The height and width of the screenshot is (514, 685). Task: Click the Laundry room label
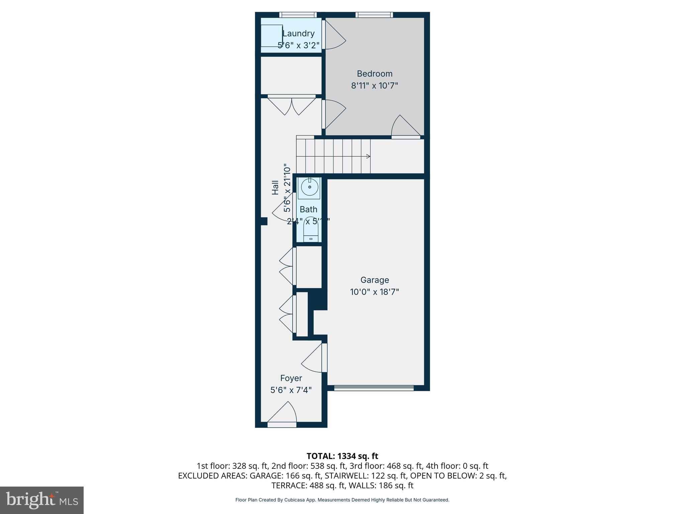298,33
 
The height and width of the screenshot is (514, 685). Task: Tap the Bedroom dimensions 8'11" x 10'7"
374,86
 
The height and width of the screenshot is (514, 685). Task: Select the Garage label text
375,280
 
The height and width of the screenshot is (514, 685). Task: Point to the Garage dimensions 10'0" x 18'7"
374,292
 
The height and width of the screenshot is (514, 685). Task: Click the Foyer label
291,378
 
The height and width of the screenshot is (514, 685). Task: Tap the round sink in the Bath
309,187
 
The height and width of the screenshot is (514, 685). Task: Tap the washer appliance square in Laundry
272,35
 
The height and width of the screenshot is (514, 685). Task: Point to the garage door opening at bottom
374,388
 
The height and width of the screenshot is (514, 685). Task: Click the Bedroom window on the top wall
374,15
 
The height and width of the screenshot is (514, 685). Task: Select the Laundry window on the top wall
298,15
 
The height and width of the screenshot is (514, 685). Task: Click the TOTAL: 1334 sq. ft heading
342,456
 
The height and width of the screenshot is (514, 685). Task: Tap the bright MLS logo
42,500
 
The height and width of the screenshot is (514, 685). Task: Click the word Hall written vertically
275,187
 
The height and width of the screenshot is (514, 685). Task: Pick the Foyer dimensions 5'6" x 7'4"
291,390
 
